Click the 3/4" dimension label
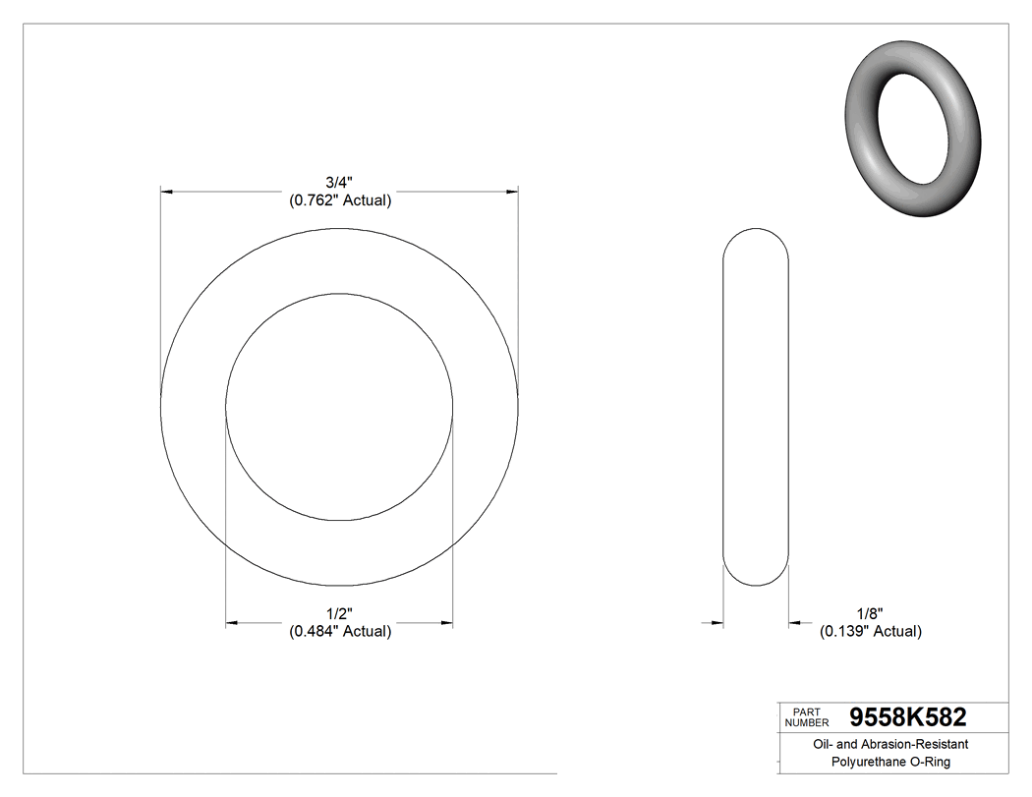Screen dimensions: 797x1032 tap(339, 182)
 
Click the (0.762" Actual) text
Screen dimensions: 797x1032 tap(339, 200)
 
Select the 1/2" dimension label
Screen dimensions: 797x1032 tap(339, 612)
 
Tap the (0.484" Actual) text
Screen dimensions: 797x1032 tap(339, 631)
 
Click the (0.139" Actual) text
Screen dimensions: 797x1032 tap(870, 631)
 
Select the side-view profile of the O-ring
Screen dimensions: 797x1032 tap(756, 408)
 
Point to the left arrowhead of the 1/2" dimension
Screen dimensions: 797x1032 tap(233, 622)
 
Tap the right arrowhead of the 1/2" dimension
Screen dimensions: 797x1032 tap(446, 622)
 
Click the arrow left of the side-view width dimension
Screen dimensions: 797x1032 tap(716, 622)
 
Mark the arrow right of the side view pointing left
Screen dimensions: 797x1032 tap(796, 622)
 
